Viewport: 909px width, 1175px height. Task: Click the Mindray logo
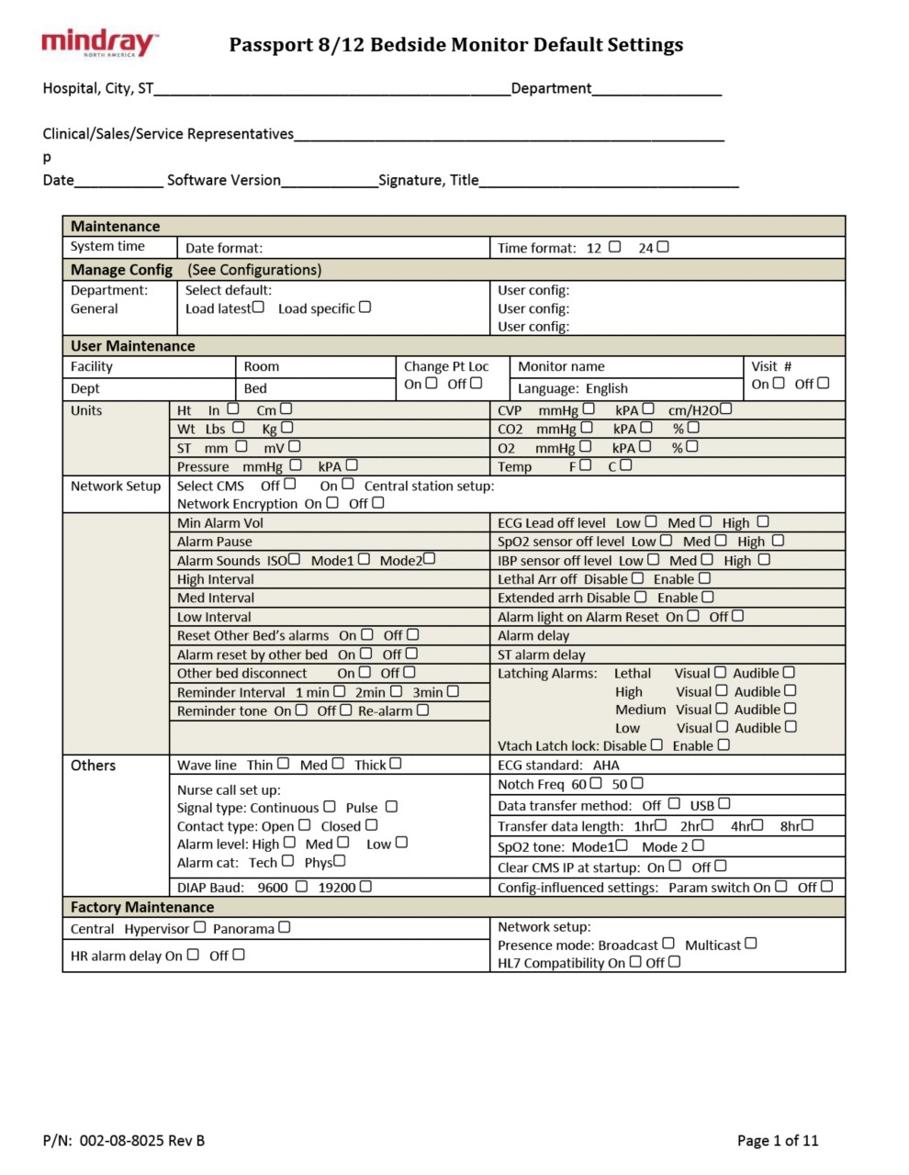pos(99,43)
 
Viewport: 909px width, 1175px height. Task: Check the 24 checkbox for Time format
pos(663,247)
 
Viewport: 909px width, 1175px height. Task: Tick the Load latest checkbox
pos(259,308)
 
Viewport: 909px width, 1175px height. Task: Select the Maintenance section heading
pos(115,227)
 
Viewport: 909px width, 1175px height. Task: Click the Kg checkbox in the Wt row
pos(287,428)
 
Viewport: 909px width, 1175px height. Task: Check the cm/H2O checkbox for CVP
pos(726,409)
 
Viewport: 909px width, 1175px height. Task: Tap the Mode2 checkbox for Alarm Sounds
pos(430,559)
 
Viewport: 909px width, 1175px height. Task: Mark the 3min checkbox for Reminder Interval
pos(453,691)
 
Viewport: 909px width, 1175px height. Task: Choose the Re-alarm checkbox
pos(422,711)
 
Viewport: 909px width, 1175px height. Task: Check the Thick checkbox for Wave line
pos(396,764)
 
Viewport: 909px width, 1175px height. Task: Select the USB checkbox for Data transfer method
pos(724,804)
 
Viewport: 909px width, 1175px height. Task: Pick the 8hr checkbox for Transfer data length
pos(807,825)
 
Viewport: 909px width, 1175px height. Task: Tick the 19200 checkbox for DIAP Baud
pos(365,887)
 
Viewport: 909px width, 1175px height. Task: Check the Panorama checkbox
pos(285,928)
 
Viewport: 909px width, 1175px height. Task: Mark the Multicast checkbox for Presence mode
pos(751,944)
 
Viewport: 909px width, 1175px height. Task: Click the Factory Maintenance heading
pos(142,908)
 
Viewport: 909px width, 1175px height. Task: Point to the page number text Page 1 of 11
pos(777,1141)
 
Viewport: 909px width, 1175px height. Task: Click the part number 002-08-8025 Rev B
pos(142,1141)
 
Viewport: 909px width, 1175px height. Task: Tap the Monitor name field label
pos(561,366)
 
